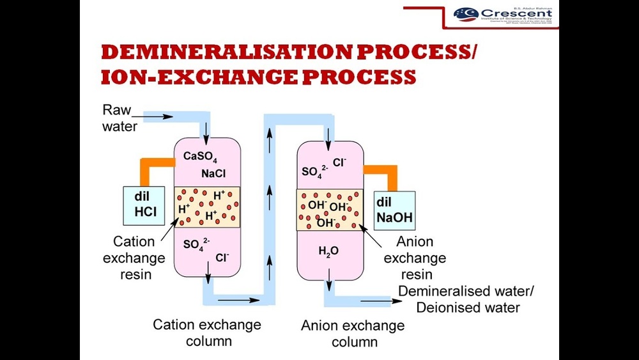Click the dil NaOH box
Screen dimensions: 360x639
pos(394,210)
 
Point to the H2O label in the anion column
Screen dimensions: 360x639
pos(328,251)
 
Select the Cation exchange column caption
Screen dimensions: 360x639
pos(207,333)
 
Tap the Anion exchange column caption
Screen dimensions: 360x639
pos(353,333)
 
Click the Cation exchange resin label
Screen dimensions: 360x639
pos(134,258)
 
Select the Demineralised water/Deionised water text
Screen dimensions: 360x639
pos(467,299)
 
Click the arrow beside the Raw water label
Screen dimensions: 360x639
pos(163,117)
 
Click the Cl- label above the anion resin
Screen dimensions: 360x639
pos(339,162)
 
